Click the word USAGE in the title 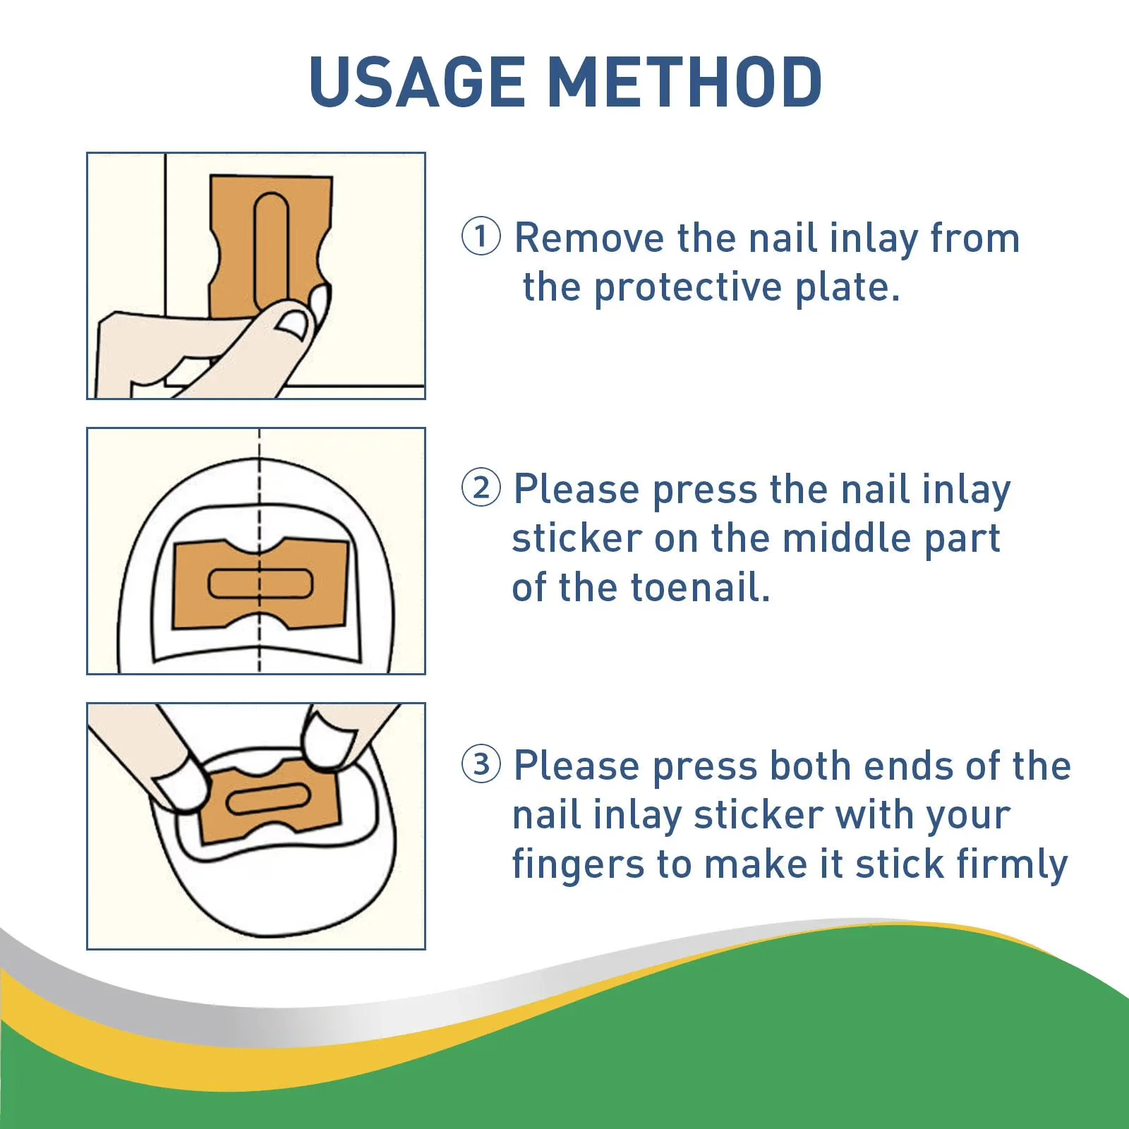coord(417,82)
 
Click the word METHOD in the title coord(684,82)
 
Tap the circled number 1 coord(481,236)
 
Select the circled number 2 coord(481,488)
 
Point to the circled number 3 coord(481,763)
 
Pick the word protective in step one coord(687,289)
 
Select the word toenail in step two coord(699,588)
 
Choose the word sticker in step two coord(576,538)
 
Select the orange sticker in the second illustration coord(260,584)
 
